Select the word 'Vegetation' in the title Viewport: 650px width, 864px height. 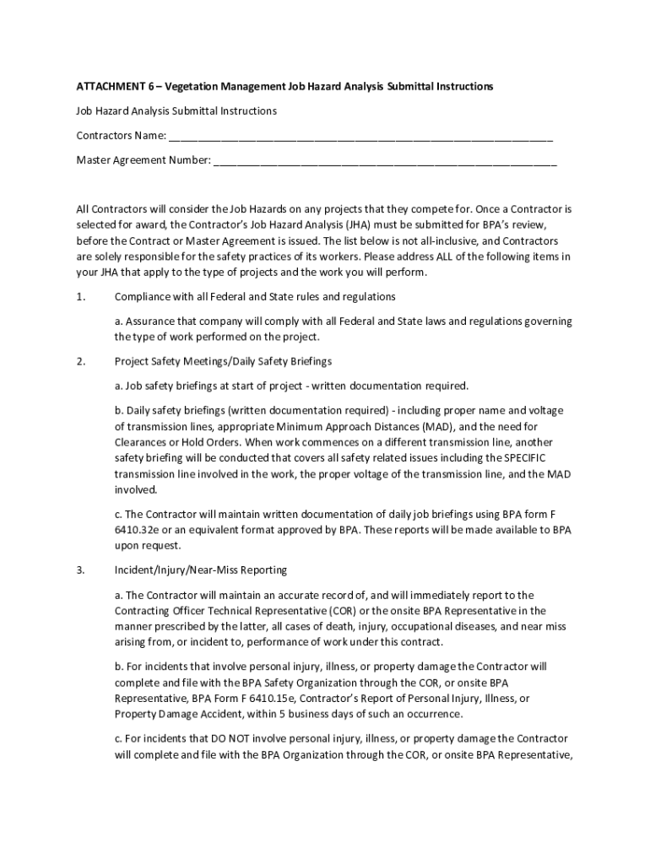click(192, 87)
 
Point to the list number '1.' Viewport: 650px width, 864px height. click(81, 297)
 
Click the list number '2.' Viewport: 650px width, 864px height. click(81, 361)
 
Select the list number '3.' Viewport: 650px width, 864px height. click(81, 570)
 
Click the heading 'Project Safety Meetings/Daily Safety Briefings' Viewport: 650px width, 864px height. click(223, 361)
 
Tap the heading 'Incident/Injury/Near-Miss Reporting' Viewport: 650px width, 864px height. click(201, 570)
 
